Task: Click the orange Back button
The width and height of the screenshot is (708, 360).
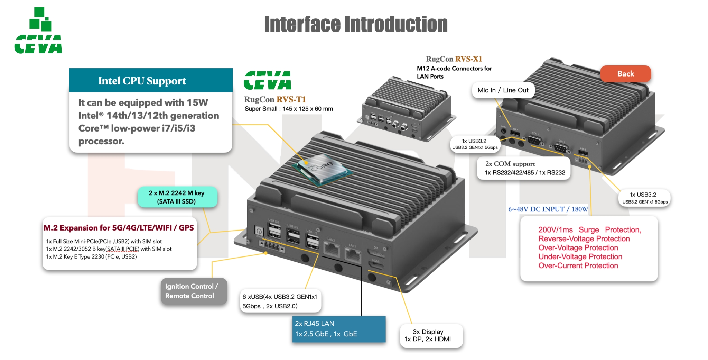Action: coord(625,74)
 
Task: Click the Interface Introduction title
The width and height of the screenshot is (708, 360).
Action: coord(356,24)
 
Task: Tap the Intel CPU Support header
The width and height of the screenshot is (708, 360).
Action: coord(142,81)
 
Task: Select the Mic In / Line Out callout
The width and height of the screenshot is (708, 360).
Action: coord(503,90)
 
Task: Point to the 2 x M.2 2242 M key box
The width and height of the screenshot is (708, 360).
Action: coord(177,197)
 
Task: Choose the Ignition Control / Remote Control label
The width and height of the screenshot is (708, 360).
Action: coord(193,291)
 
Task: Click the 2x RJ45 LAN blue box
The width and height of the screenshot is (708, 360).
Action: coord(338,329)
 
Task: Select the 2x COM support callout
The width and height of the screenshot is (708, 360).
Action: coord(523,168)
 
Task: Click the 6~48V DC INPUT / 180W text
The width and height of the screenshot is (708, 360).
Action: coord(548,209)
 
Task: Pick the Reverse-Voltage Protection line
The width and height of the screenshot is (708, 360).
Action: coord(584,239)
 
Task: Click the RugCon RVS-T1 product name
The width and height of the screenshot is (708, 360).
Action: coord(275,100)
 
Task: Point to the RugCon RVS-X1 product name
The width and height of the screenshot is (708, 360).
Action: coord(454,59)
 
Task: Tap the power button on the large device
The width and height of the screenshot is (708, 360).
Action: coord(259,231)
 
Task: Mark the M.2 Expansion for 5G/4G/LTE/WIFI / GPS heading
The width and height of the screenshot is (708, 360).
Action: coord(119,228)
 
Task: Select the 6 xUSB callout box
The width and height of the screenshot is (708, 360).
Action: coord(280,301)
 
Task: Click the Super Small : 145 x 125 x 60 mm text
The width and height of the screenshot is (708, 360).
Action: coord(289,109)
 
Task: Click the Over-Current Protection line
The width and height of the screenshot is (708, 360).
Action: coord(578,266)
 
